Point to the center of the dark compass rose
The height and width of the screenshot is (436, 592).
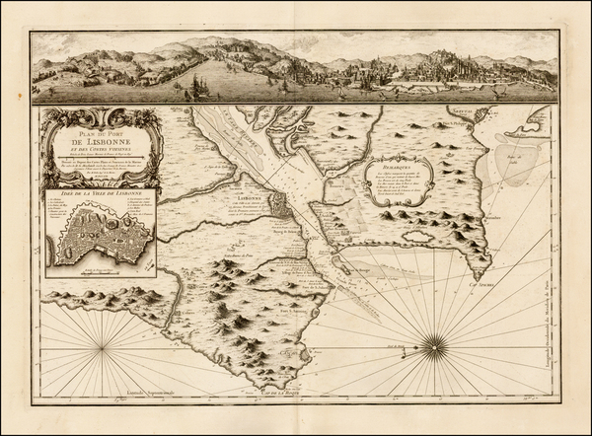(x=433, y=344)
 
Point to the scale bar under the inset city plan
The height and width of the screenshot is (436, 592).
(x=113, y=269)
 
